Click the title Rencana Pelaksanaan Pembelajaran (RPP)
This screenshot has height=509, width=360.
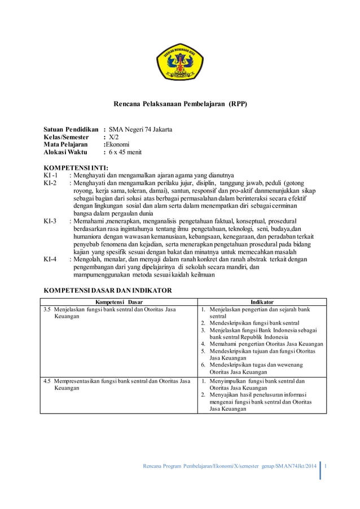click(180, 104)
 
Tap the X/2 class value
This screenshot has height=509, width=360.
click(115, 137)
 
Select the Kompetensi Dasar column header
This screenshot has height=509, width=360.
click(119, 302)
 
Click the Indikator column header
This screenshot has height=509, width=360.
click(262, 302)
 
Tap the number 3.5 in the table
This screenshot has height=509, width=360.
click(48, 309)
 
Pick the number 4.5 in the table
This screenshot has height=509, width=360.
click(48, 381)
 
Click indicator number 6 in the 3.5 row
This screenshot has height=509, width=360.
click(203, 365)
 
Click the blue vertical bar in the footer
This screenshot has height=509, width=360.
click(321, 471)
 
